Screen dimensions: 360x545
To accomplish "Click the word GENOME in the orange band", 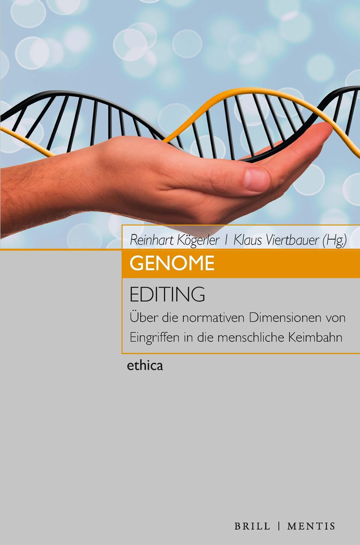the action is (172, 263).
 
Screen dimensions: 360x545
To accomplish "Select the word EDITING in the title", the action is (167, 294).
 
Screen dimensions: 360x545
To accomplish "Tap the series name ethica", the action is (145, 366).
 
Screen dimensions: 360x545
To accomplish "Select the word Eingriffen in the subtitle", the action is (155, 338).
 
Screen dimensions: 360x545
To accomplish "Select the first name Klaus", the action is (244, 240).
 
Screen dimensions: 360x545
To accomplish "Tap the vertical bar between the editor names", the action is (227, 240).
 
